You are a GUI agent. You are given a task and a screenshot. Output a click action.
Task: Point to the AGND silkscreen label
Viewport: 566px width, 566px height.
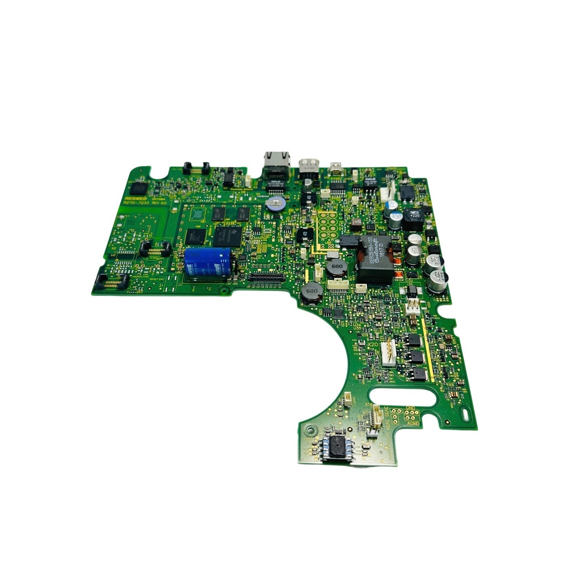click(x=414, y=423)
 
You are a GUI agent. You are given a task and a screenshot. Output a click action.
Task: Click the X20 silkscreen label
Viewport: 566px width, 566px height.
click(x=373, y=344)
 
